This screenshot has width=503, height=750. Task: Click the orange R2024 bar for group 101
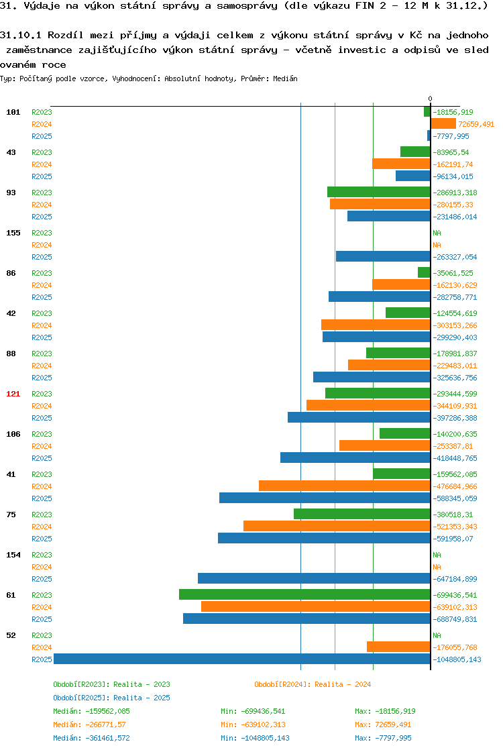443,124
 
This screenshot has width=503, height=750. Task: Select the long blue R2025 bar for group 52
242,659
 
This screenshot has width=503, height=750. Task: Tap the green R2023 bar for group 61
304,594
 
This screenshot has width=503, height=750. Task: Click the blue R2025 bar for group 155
383,256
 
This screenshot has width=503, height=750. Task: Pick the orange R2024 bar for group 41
345,486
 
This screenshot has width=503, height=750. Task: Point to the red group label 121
13,394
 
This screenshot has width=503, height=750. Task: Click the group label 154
13,555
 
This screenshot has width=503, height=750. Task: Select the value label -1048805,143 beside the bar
457,659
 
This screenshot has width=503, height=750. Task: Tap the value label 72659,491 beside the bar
476,124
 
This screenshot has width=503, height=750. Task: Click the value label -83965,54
451,152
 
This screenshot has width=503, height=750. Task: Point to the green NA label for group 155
437,233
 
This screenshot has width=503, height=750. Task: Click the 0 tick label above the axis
431,99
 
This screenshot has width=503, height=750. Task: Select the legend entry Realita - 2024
343,684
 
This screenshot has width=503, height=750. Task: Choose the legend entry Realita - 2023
142,684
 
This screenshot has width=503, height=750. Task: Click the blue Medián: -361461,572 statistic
91,738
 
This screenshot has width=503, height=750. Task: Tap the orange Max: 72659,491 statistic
383,725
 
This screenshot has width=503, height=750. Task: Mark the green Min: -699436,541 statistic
253,711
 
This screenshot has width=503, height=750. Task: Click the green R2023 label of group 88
42,354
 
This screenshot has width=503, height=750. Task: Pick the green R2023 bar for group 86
424,272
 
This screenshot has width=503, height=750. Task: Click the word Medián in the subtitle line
285,78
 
